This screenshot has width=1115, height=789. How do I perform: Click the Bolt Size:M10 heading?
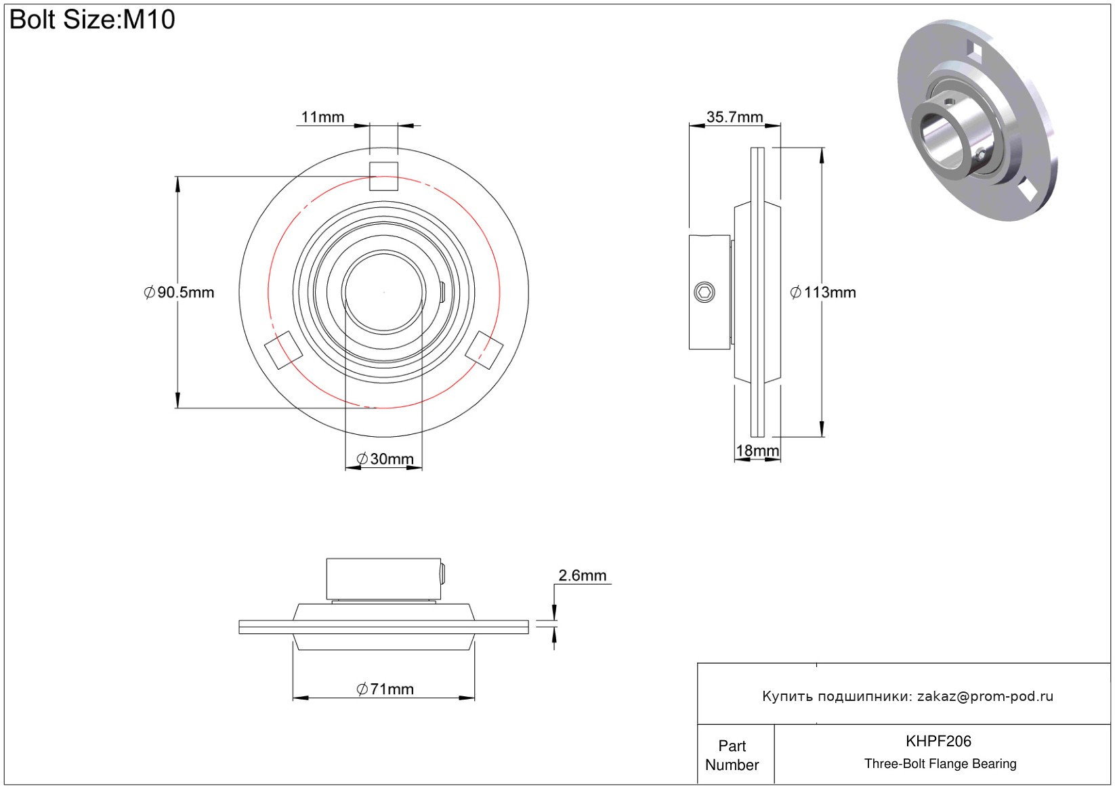point(92,20)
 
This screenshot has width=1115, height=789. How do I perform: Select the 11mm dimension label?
point(322,117)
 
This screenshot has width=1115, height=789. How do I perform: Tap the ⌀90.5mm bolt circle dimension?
point(180,293)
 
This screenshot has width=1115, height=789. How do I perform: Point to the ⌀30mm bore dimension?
point(385,459)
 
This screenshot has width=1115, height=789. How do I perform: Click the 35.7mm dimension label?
point(734,117)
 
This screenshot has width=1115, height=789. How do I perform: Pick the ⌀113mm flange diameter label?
point(823,293)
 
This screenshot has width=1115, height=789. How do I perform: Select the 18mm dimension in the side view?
point(757,451)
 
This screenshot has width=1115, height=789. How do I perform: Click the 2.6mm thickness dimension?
point(582,576)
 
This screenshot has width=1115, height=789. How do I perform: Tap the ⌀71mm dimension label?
point(385,689)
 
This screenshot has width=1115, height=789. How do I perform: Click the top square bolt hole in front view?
point(383,177)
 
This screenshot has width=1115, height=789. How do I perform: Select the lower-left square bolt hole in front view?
point(282,350)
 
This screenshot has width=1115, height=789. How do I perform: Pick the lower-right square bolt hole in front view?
point(484,350)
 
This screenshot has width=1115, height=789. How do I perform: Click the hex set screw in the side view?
point(704,293)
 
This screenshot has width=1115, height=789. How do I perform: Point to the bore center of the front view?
point(384,293)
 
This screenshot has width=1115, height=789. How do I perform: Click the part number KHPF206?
point(938,742)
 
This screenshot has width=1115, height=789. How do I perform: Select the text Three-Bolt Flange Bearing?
point(940,764)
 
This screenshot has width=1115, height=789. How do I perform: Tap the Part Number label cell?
point(732,755)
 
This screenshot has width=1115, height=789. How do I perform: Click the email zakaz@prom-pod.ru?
point(985,696)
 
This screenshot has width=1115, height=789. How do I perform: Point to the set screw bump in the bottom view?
point(443,574)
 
